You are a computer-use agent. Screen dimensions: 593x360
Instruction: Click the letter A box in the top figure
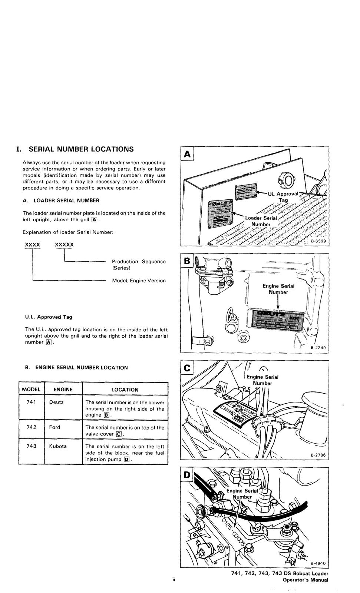point(188,154)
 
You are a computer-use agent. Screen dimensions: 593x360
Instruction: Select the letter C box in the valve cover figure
point(188,368)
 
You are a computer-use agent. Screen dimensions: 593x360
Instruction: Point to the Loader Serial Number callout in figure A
point(261,221)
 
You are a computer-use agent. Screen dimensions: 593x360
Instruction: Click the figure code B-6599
point(318,241)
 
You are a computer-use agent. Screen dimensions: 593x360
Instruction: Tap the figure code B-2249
point(318,348)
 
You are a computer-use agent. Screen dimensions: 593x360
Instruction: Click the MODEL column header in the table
point(31,390)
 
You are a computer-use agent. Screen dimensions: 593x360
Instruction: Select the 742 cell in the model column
point(32,427)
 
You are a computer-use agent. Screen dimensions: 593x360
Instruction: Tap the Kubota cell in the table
point(58,446)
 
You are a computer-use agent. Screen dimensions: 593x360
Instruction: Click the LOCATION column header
point(125,390)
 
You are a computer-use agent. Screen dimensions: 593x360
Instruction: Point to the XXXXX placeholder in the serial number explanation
point(64,245)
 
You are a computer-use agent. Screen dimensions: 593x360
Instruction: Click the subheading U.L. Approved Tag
point(49,317)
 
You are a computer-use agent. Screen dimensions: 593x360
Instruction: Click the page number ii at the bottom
point(173,579)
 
